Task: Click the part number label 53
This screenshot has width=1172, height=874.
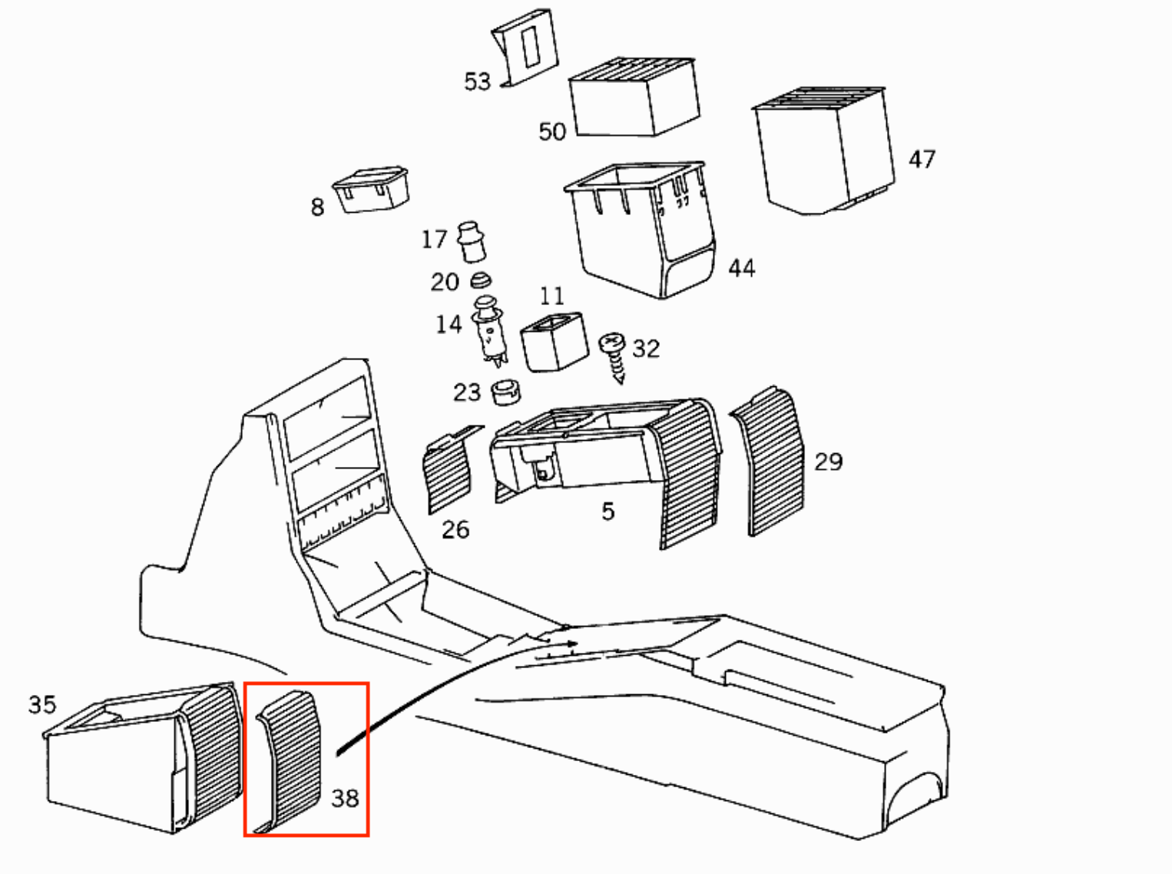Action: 477,81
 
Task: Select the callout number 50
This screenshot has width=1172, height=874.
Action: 551,132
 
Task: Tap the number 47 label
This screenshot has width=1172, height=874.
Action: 922,160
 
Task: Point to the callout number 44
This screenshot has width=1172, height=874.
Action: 742,268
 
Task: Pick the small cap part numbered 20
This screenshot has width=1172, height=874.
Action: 481,280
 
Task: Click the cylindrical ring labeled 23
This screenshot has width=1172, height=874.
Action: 505,392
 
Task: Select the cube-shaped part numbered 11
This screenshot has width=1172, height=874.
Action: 555,342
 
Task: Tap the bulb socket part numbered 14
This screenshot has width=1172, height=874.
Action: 489,331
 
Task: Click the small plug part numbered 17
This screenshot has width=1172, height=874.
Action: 471,242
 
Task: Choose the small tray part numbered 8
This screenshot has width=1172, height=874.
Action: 371,190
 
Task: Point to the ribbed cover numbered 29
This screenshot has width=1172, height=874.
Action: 769,462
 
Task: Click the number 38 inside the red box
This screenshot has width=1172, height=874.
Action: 345,799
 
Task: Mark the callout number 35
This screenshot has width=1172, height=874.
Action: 42,705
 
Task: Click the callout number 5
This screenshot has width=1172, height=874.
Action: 608,511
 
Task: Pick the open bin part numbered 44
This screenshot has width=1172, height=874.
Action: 641,230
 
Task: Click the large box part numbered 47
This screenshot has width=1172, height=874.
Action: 824,151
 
